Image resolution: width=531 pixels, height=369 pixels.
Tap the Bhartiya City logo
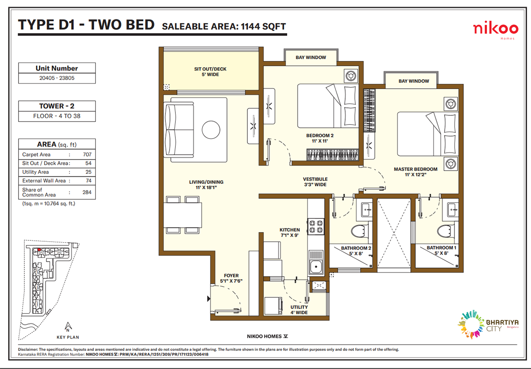tap(488, 324)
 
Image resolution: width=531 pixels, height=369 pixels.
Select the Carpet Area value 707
tap(87, 155)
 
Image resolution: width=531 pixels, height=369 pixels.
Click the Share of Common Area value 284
tap(87, 192)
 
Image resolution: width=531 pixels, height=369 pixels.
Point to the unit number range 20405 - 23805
tap(57, 78)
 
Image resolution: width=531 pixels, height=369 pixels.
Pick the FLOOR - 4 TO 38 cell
tap(57, 116)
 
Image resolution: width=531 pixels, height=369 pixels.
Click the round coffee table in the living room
tap(211, 130)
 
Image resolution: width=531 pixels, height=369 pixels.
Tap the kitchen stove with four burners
tap(316, 226)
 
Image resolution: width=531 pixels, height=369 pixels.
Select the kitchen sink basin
tap(316, 266)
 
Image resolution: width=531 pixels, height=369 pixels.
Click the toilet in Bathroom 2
tap(358, 231)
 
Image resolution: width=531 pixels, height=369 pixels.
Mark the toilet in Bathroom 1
tap(444, 231)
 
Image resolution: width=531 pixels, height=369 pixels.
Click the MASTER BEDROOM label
tap(416, 169)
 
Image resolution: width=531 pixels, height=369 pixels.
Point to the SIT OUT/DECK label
tap(210, 69)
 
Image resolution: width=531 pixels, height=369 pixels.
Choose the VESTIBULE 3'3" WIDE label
tap(315, 182)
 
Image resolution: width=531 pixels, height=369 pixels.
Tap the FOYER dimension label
tap(231, 281)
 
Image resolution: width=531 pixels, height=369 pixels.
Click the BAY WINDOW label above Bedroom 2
tap(311, 57)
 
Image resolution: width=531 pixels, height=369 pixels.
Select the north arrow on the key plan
tap(68, 327)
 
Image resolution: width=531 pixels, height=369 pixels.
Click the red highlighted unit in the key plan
tap(39, 250)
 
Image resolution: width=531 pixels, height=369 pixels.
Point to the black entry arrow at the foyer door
tap(208, 299)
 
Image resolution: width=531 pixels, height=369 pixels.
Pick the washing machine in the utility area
tap(273, 306)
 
